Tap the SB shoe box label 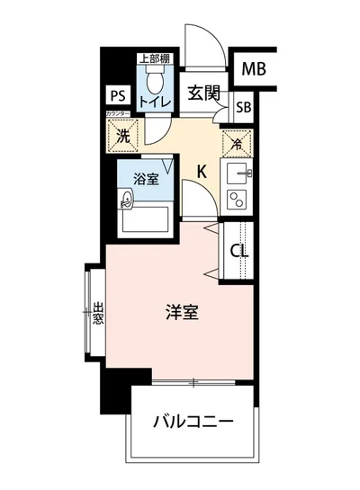243,106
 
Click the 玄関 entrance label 204,92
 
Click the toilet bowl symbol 153,83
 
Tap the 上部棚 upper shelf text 149,58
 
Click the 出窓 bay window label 97,315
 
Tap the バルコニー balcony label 193,420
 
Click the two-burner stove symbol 238,198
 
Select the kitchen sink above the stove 239,171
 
